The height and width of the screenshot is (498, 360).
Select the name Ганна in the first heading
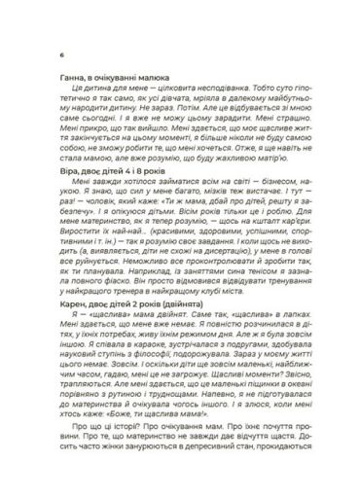click(60, 73)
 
